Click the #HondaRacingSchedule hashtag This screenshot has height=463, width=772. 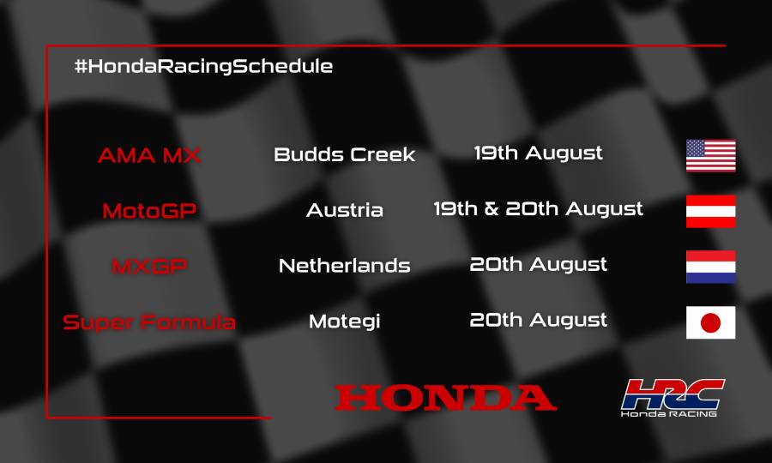pyautogui.click(x=203, y=66)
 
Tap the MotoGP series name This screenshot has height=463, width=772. pyautogui.click(x=149, y=210)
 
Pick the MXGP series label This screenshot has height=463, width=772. pyautogui.click(x=149, y=266)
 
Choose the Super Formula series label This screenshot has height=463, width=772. pyautogui.click(x=149, y=322)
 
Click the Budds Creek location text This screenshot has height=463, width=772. pyautogui.click(x=344, y=155)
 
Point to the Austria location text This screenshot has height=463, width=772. pyautogui.click(x=344, y=210)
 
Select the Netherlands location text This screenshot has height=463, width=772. pyautogui.click(x=344, y=266)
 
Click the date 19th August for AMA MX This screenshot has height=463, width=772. pyautogui.click(x=538, y=153)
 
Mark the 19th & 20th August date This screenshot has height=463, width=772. pyautogui.click(x=538, y=208)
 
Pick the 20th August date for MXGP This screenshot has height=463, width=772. pyautogui.click(x=538, y=264)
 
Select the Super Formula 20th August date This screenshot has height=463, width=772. pyautogui.click(x=538, y=320)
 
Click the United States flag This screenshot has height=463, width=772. pyautogui.click(x=710, y=155)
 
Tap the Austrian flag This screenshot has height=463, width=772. pyautogui.click(x=710, y=211)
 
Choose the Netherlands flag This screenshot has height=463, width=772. pyautogui.click(x=710, y=267)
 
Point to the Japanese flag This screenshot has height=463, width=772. pyautogui.click(x=710, y=322)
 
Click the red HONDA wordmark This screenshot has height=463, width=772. pyautogui.click(x=445, y=397)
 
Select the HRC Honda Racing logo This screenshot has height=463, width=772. pyautogui.click(x=672, y=398)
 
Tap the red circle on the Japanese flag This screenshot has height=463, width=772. pyautogui.click(x=710, y=322)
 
